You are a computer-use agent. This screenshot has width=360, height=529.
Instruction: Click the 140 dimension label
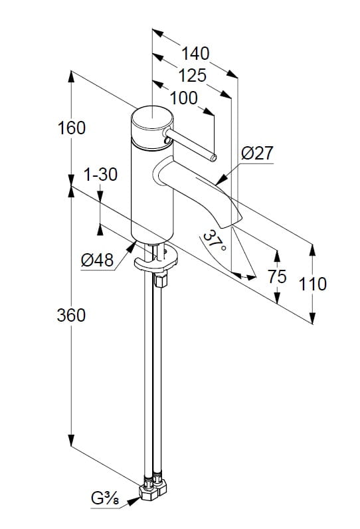tap(195, 54)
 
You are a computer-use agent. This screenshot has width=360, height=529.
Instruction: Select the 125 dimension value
tap(192, 76)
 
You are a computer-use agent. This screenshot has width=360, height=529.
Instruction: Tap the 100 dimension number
tap(184, 98)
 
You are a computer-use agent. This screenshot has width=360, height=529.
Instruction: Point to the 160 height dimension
tap(72, 128)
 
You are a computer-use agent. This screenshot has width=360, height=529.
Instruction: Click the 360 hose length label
tap(71, 316)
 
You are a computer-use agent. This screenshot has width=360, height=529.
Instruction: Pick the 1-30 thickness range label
tap(100, 175)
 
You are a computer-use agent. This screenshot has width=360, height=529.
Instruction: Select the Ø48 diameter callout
tap(97, 260)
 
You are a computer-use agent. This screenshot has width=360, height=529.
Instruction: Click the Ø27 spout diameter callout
tap(257, 154)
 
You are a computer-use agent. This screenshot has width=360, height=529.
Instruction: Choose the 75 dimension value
tap(277, 276)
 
